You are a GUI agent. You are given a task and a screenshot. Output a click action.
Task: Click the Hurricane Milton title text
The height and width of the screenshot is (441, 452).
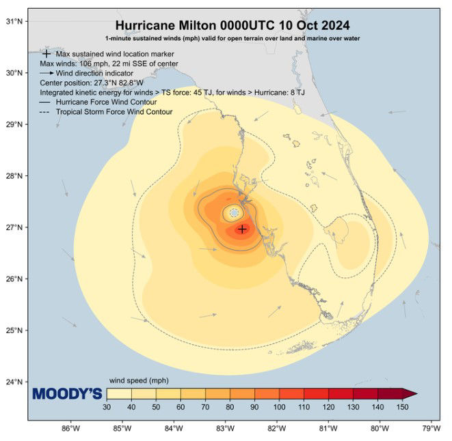pyautogui.click(x=232, y=25)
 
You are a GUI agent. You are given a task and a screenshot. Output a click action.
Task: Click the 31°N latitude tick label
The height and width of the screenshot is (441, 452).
pyautogui.click(x=15, y=21)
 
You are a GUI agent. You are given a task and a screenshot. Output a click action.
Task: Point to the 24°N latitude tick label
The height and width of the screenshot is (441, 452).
pyautogui.click(x=15, y=382)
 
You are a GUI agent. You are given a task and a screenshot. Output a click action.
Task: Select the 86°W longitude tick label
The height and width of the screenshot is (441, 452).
pyautogui.click(x=70, y=429)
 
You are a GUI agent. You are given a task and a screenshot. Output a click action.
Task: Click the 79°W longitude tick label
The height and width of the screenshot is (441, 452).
pyautogui.click(x=431, y=429)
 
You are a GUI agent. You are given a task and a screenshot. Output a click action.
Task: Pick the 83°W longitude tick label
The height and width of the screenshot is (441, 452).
pyautogui.click(x=225, y=429)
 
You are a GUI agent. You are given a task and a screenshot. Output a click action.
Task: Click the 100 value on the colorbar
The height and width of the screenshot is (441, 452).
pyautogui.click(x=278, y=408)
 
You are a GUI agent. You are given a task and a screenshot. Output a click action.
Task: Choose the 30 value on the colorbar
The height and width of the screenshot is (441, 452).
pyautogui.click(x=107, y=408)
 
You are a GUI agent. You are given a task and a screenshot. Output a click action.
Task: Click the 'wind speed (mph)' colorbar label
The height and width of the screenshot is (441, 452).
pyautogui.click(x=139, y=380)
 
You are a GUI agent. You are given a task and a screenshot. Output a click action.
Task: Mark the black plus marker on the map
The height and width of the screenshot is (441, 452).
pyautogui.click(x=242, y=229)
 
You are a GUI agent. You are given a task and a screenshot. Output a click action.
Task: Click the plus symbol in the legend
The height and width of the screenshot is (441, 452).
pyautogui.click(x=46, y=53)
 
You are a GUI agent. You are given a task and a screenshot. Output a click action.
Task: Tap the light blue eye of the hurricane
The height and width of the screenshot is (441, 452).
pyautogui.click(x=234, y=213)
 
